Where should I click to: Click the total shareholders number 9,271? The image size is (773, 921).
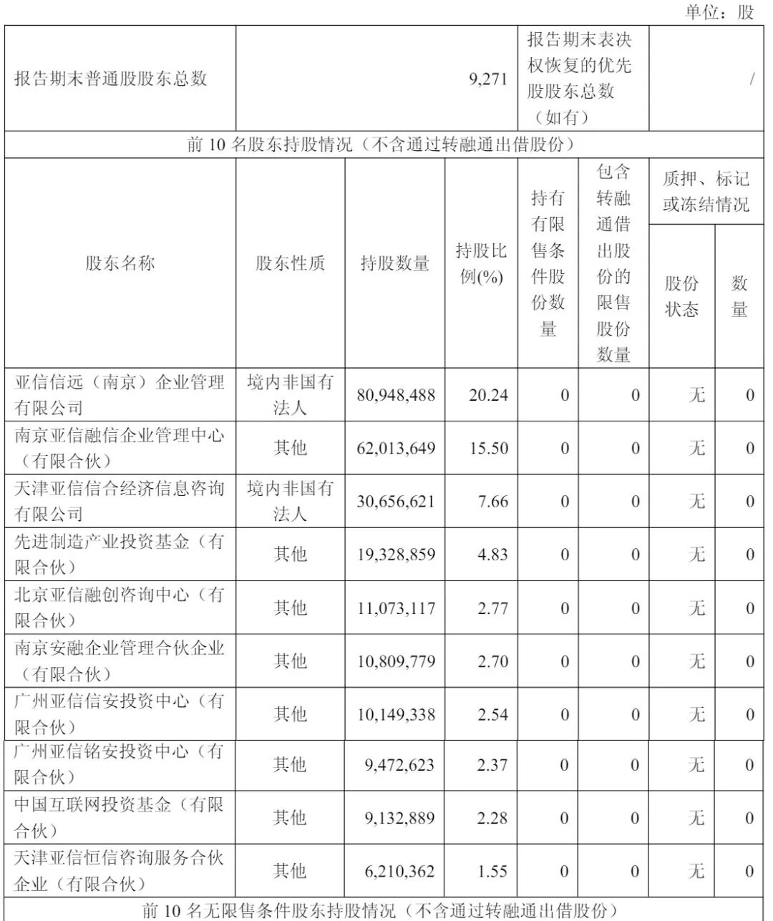click(x=488, y=79)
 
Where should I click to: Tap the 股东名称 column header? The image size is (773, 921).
click(x=120, y=263)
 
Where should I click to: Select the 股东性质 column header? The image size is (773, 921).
click(x=290, y=263)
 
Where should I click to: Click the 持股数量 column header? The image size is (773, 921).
click(x=394, y=263)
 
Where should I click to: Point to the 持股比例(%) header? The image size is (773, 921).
click(x=481, y=263)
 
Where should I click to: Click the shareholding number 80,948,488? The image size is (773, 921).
click(x=396, y=395)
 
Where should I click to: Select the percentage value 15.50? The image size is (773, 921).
click(x=488, y=449)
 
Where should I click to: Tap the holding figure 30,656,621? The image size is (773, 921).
click(x=396, y=502)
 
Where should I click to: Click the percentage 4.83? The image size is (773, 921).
click(x=492, y=555)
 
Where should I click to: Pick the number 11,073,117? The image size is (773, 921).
click(x=396, y=608)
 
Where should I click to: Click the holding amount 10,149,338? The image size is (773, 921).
click(x=396, y=714)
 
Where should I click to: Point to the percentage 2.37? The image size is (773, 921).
click(x=492, y=765)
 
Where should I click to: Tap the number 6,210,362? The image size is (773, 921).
click(x=399, y=871)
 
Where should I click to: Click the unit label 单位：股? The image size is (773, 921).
click(x=719, y=12)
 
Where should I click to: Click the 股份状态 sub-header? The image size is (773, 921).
click(x=681, y=296)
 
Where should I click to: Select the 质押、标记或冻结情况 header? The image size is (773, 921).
click(x=706, y=192)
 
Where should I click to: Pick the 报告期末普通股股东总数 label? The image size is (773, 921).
click(x=111, y=79)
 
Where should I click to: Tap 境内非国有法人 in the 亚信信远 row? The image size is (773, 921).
click(x=290, y=394)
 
